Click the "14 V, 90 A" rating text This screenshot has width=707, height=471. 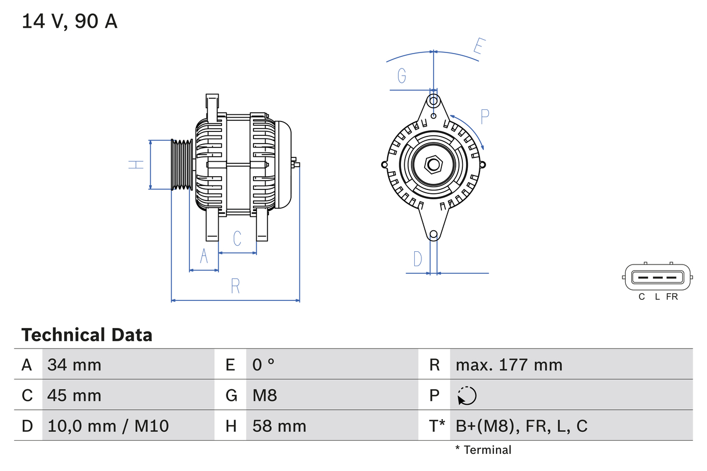tap(70, 22)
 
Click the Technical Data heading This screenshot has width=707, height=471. tap(87, 335)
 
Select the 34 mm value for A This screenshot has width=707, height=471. tap(75, 364)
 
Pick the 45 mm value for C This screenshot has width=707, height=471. tap(75, 395)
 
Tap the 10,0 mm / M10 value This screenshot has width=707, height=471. tap(108, 426)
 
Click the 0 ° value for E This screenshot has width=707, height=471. tap(263, 364)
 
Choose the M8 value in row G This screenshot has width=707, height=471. tap(265, 395)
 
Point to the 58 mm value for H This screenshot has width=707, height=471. tap(279, 426)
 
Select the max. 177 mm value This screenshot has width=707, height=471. tap(509, 364)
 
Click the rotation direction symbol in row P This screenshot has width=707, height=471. tap(467, 395)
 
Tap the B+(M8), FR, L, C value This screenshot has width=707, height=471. tap(521, 426)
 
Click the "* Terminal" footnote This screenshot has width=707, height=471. tap(483, 450)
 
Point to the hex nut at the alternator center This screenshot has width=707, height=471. tap(434, 164)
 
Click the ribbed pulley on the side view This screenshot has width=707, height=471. tap(181, 165)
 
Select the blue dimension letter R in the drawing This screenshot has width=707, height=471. tap(235, 286)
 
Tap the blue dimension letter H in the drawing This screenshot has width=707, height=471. tap(136, 164)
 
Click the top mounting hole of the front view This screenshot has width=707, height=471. tap(434, 101)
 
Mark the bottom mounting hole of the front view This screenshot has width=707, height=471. tap(434, 235)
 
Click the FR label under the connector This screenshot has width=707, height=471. tap(672, 297)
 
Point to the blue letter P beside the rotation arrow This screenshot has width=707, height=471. tap(484, 117)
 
